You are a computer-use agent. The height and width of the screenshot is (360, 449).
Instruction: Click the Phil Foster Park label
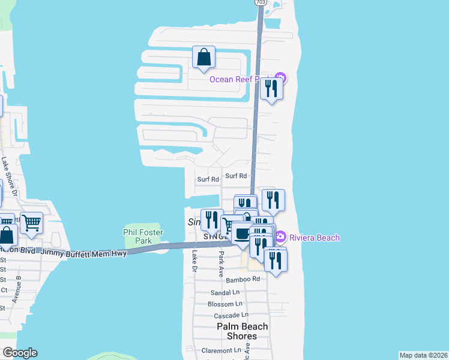[143, 236]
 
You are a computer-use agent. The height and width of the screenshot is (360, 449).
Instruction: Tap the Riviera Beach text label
[316, 238]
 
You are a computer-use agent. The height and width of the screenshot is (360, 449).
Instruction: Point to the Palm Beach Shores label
[243, 331]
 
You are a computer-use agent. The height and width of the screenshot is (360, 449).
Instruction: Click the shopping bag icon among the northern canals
[204, 57]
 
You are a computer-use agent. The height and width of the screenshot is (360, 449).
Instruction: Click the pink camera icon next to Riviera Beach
[280, 238]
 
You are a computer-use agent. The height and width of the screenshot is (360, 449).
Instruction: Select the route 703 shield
[261, 2]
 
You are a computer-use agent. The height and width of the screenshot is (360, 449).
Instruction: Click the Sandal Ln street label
[225, 293]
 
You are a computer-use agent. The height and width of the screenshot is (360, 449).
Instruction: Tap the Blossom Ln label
[224, 304]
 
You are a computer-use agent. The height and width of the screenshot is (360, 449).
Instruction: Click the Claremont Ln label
[220, 350]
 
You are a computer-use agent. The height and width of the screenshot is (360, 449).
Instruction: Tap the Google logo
[19, 353]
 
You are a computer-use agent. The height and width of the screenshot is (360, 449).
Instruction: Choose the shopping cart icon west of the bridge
[31, 223]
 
